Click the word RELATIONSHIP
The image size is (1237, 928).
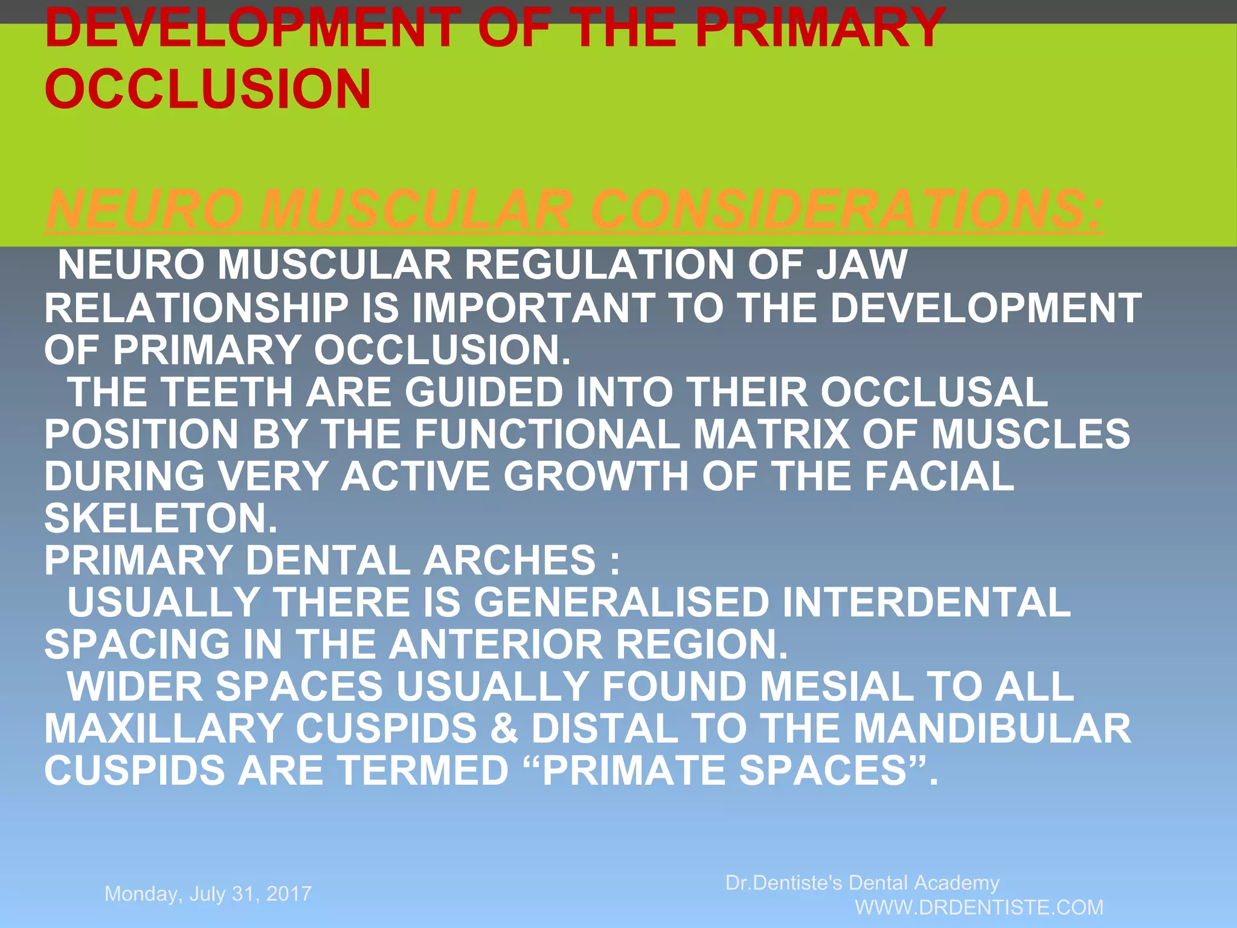pos(196,308)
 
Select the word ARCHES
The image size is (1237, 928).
pos(509,560)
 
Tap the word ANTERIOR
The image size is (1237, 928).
pos(495,644)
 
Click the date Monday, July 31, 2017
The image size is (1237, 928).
pos(208,894)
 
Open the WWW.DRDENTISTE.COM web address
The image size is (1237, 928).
pos(979,907)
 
